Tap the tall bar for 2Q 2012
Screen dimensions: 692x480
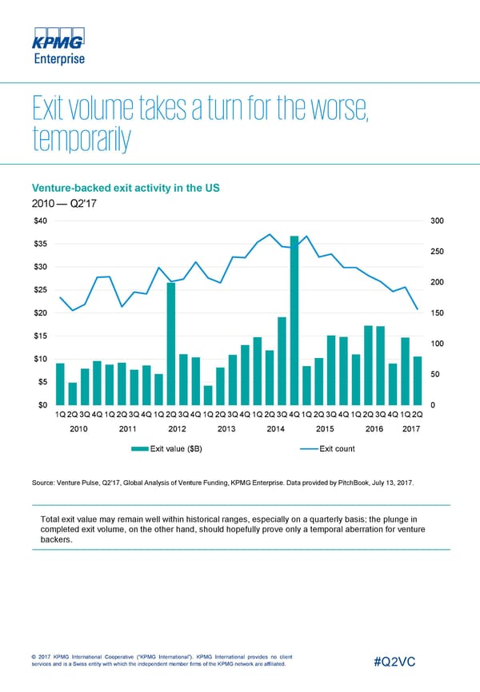click(x=171, y=344)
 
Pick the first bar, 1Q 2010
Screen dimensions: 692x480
click(x=60, y=384)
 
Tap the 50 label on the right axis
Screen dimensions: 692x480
click(x=435, y=374)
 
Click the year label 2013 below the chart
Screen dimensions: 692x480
click(x=226, y=429)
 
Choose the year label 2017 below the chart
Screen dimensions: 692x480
click(x=411, y=429)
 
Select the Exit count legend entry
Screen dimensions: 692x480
click(x=337, y=448)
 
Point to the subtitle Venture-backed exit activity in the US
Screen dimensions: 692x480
click(x=124, y=189)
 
